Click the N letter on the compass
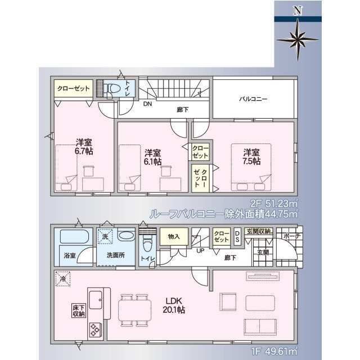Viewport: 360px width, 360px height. [298, 10]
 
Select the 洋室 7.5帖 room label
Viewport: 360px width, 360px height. [251, 156]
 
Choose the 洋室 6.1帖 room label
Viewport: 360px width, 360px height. [152, 156]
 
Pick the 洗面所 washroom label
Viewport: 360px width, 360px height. [116, 255]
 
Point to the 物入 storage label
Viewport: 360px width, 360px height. [173, 237]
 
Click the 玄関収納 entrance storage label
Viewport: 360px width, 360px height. [258, 231]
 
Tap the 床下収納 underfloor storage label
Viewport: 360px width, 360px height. [78, 310]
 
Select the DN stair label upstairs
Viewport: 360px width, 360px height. [147, 104]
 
